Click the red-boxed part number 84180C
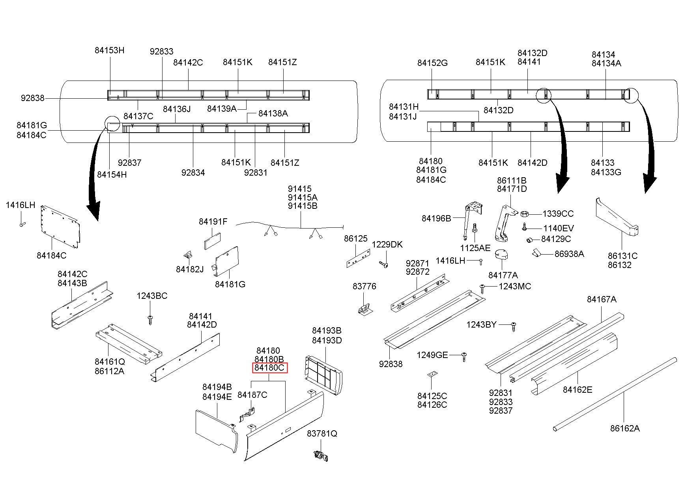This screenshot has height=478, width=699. tap(270, 368)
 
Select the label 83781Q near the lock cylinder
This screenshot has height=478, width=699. tap(322, 433)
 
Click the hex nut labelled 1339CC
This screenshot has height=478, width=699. tap(525, 214)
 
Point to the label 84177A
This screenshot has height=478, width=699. tap(503, 275)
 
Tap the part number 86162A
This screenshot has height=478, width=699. tap(624, 428)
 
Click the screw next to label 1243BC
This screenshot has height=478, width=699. tap(150, 319)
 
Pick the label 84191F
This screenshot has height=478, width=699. tap(213, 221)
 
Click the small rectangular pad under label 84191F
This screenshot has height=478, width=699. tap(212, 241)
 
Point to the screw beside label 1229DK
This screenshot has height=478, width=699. tap(383, 264)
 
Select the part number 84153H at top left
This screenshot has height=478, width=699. tap(109, 50)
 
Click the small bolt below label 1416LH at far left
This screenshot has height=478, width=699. tap(22, 224)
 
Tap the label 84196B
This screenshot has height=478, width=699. tap(436, 218)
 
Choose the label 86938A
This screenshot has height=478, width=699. tap(569, 254)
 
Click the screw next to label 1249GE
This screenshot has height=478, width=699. tap(464, 357)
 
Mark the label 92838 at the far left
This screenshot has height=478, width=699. tap(32, 98)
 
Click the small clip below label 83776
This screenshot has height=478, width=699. tap(366, 310)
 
